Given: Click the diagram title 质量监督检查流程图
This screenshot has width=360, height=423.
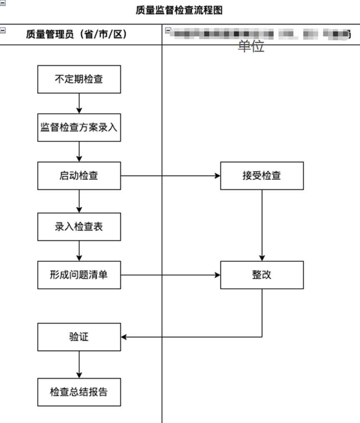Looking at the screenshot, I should coord(179,10).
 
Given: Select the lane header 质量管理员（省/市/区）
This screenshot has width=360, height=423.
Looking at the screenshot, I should coord(76,35).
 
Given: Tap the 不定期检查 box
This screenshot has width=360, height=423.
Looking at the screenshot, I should coord(79,79).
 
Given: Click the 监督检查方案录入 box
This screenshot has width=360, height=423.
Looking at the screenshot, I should coord(79,127).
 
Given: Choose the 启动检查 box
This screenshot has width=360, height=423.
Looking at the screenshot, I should coord(79,176).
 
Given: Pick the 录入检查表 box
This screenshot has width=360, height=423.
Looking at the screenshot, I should coord(79,227).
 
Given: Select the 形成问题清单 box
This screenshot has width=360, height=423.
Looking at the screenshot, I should coord(79,275).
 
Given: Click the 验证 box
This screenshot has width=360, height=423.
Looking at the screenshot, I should coord(79,337).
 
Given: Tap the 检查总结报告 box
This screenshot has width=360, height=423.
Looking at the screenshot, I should coord(79,392).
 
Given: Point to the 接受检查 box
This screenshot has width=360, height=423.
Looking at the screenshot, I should coord(262,176).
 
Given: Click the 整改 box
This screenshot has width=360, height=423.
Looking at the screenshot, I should coord(262,275).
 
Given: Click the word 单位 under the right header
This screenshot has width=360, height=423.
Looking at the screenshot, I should coord(251,46).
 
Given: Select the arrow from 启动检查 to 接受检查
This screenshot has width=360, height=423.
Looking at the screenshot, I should coord(171,176).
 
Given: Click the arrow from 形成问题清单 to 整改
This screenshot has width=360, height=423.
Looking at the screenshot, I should coord(171,275).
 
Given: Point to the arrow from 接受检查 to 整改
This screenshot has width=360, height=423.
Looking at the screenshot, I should coord(262,225).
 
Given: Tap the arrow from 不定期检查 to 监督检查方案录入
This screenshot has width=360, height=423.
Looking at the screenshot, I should coord(79,103).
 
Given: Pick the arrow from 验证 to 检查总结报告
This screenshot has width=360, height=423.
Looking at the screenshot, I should coord(79,364).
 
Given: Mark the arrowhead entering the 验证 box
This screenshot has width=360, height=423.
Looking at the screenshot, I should coord(124,337).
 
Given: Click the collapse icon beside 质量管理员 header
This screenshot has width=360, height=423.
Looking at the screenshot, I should coord(2,30).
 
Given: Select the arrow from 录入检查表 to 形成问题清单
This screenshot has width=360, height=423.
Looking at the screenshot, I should coord(79,251).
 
